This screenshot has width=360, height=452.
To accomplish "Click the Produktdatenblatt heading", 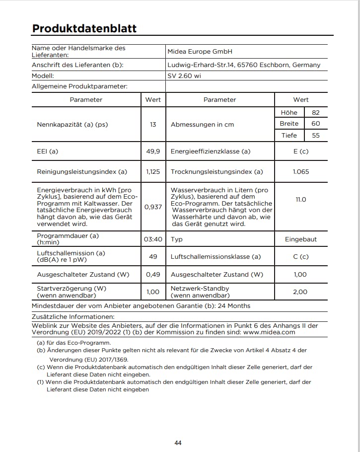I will (84, 28).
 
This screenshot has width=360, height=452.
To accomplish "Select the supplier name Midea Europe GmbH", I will (200, 52).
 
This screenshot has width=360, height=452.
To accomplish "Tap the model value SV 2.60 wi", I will (184, 76).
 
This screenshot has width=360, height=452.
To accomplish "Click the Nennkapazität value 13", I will (153, 124).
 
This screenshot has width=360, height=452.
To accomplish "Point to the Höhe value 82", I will (316, 113).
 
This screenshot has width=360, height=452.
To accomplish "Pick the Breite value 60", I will (316, 124).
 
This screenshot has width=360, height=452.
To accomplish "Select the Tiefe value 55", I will (316, 135).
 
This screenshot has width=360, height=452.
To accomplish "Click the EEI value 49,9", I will (153, 151).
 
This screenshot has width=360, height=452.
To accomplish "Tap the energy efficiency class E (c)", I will (301, 151).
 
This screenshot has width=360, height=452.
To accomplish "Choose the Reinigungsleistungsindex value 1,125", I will (153, 172).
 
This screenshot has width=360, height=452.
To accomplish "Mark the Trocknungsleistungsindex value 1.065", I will (301, 172).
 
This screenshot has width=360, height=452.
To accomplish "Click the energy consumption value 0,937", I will (153, 207).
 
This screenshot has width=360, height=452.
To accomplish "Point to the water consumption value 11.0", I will (301, 199).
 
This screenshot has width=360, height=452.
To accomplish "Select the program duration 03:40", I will (153, 239).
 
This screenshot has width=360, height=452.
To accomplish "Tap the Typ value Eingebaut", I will (301, 239).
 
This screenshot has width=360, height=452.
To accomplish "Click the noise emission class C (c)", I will (301, 257).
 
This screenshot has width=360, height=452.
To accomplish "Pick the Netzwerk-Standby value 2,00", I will (300, 292).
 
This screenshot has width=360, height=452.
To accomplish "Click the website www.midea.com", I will (271, 332).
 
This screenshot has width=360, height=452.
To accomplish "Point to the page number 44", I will (178, 443).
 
